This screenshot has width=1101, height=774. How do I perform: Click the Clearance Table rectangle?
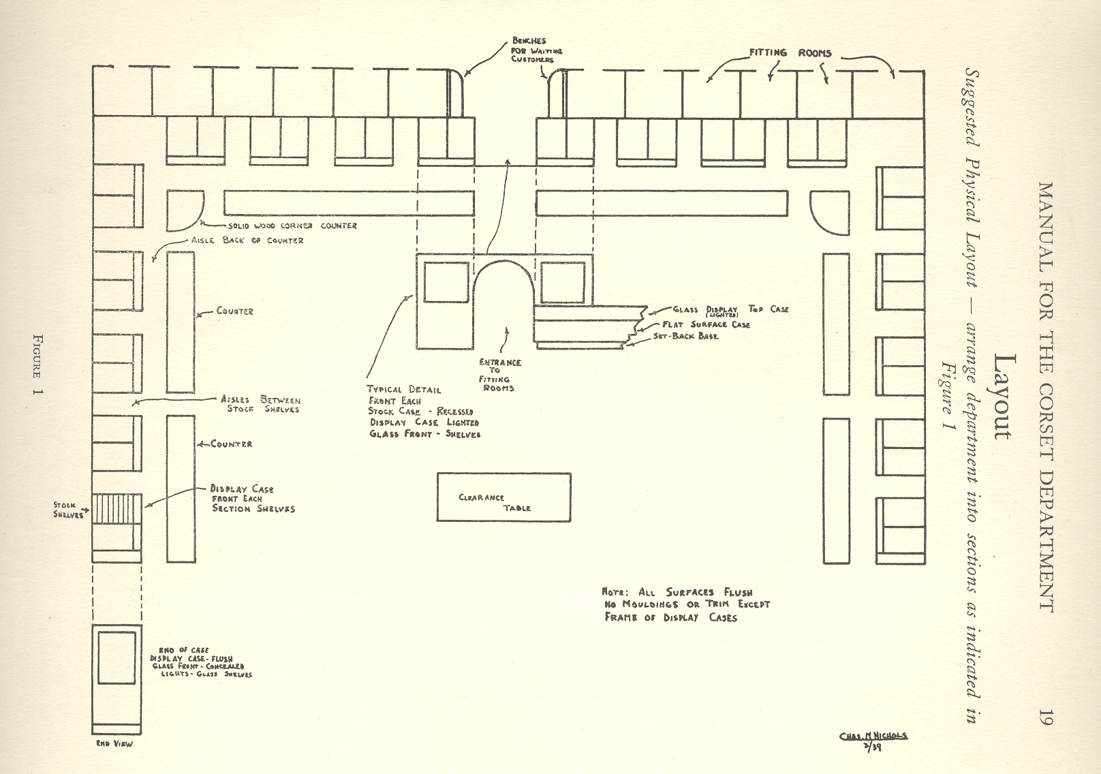click(x=503, y=497)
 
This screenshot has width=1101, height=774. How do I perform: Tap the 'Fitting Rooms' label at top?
click(x=790, y=52)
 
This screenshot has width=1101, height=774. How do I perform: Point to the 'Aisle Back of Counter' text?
click(x=248, y=241)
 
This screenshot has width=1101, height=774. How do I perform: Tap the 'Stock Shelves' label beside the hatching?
click(x=67, y=510)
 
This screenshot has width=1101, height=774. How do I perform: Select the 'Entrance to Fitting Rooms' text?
click(x=499, y=375)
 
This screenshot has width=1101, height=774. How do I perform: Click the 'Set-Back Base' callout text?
click(x=685, y=337)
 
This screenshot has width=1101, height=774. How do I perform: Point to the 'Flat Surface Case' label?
click(x=706, y=325)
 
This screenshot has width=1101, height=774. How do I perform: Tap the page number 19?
click(x=1046, y=717)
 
